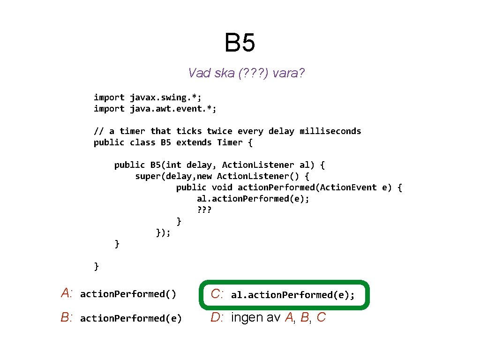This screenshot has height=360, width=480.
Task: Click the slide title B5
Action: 240,43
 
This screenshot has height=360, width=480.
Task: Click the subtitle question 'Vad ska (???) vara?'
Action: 247,73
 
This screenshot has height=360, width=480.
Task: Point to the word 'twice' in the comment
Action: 219,131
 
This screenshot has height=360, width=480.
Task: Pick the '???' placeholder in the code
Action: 204,210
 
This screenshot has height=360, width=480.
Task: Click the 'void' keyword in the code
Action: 222,187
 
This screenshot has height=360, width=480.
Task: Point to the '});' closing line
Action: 163,232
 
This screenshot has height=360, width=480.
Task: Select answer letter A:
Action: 67,294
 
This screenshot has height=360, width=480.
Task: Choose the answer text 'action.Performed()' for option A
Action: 128,294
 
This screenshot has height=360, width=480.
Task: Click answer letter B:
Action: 67,318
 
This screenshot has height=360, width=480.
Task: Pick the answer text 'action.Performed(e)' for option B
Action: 131,319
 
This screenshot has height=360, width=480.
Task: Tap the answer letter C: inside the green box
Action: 217,294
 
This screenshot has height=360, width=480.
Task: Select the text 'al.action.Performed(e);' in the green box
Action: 292,295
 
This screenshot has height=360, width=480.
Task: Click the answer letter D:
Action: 217,318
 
